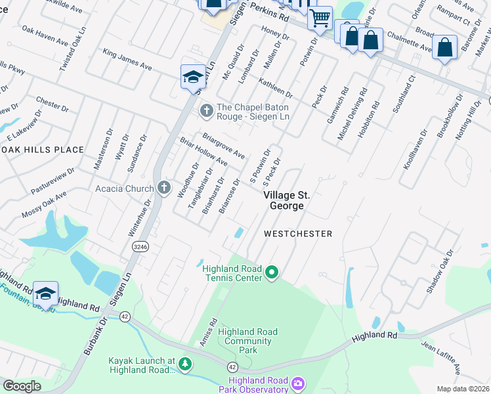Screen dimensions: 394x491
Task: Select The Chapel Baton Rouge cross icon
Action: point(206,110)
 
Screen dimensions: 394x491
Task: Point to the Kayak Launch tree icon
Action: point(186,363)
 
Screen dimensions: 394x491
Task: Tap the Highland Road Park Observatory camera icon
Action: point(298,383)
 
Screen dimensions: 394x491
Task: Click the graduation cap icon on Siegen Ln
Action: point(193,76)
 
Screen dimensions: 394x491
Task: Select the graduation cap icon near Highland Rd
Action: point(45,293)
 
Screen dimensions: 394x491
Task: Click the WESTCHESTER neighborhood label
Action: point(298,234)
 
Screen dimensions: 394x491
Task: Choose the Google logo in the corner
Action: point(22,386)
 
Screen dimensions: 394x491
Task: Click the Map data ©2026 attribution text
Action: point(463,389)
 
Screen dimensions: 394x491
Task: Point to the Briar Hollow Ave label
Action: point(204,153)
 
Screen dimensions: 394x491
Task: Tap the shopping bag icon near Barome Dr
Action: point(444,47)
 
